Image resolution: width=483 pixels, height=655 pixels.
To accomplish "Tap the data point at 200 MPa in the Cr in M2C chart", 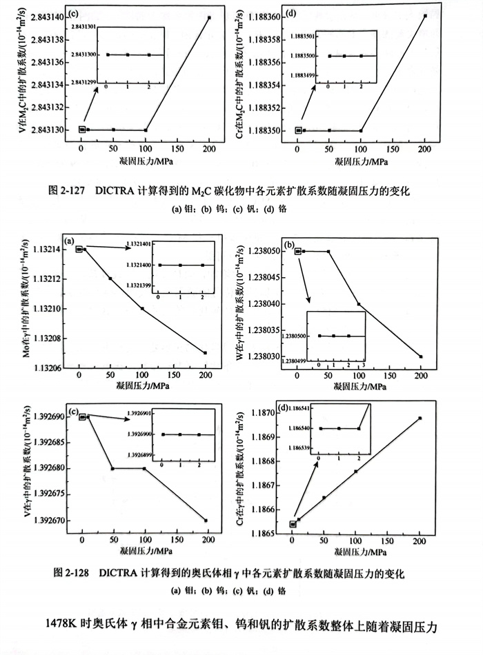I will [425, 16].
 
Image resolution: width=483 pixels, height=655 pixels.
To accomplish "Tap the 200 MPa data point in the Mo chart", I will [205, 353].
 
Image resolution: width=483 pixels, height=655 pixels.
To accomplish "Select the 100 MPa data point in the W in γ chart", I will [359, 304].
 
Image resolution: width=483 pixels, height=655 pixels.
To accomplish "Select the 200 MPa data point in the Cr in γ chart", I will [420, 418].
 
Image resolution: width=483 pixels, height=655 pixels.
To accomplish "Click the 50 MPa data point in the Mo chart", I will [110, 279].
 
